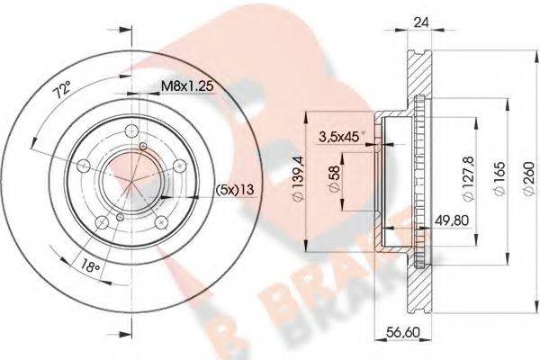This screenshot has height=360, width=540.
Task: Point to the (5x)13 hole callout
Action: click(234, 189)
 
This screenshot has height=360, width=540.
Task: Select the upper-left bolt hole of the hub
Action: click(84, 165)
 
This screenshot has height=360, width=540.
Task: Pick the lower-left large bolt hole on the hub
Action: click(103, 221)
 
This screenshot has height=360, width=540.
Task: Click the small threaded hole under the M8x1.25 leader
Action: click(144, 145)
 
